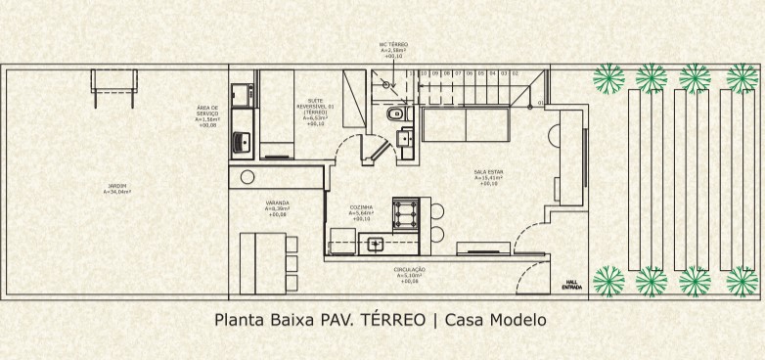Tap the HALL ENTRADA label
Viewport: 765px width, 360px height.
571,285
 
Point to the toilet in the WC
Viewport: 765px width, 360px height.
394,116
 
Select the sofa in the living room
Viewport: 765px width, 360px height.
463,125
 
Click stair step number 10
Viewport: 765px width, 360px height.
424,73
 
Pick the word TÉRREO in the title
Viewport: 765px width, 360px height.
394,319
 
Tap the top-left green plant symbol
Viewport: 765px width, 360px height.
608,76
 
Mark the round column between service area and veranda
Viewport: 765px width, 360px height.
247,177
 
